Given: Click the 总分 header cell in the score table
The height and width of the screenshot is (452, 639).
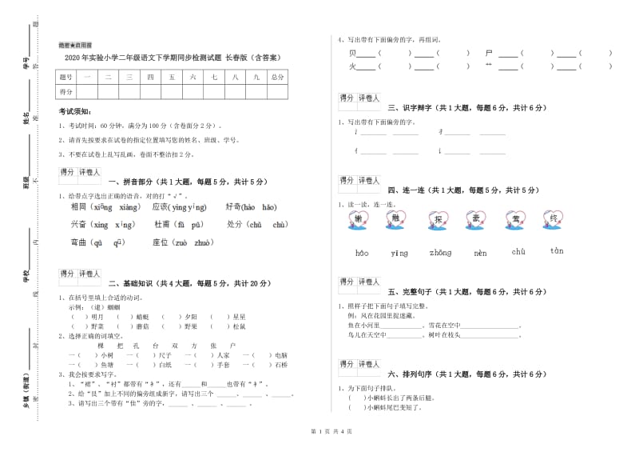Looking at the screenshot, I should tap(277, 78).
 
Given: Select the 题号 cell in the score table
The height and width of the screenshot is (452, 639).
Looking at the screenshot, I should tap(65, 78).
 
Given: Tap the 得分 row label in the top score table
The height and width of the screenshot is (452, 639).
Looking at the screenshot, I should tap(65, 92).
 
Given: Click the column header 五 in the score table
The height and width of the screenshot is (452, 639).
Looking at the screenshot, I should tap(171, 78).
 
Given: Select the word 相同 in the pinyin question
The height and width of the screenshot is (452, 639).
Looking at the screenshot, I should tap(78, 207).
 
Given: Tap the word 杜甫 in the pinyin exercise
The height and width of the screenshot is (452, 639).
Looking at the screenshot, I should tap(162, 225).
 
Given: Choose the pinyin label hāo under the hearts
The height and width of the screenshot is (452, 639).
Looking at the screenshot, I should tap(362, 254).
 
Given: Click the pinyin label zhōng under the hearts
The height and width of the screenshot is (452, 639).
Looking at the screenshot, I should tap(439, 254).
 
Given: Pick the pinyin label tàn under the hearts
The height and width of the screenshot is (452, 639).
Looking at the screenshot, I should tap(557, 251).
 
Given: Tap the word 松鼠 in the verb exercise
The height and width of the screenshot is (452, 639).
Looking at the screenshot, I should tap(240, 326).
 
